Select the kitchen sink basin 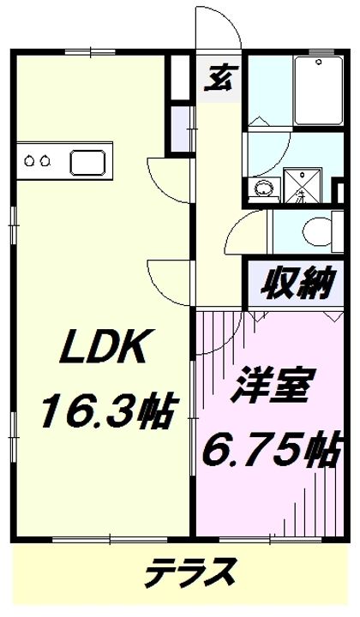[86, 160]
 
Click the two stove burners [36, 160]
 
